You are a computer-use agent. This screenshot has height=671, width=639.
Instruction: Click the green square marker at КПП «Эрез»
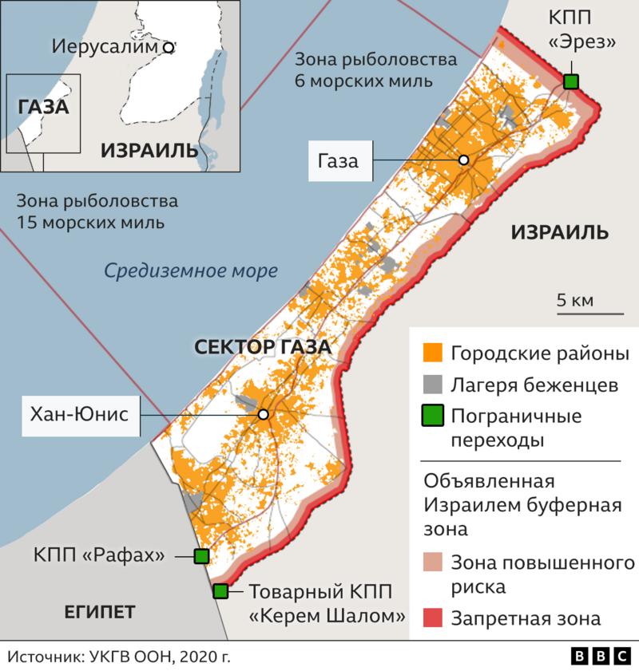pyautogui.click(x=570, y=81)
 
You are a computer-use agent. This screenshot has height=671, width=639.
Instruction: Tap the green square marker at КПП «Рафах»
pyautogui.click(x=201, y=555)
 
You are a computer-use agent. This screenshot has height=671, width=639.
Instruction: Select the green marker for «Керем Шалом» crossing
pyautogui.click(x=220, y=591)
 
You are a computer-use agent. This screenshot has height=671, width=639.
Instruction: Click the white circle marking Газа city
pyautogui.click(x=463, y=160)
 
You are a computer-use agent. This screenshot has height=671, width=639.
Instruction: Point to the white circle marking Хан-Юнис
pyautogui.click(x=263, y=415)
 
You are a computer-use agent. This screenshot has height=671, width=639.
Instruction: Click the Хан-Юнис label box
pyautogui.click(x=80, y=414)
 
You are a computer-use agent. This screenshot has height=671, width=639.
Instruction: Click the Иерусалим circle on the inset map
pyautogui.click(x=169, y=47)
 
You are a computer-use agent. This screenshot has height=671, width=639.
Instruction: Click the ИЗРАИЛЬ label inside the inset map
pyautogui.click(x=149, y=149)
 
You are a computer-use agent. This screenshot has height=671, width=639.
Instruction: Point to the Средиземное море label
pyautogui.click(x=191, y=270)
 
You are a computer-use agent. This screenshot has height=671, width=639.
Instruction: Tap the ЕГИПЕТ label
pyautogui.click(x=100, y=612)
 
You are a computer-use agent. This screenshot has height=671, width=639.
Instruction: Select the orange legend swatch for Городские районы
pyautogui.click(x=432, y=353)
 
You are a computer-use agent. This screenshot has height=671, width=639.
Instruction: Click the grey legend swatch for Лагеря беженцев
pyautogui.click(x=432, y=385)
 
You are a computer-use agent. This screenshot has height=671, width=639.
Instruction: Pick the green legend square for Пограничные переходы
pyautogui.click(x=432, y=416)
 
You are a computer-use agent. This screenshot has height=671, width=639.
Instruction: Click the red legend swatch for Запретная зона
pyautogui.click(x=432, y=618)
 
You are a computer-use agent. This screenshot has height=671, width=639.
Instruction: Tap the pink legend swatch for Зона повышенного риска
pyautogui.click(x=432, y=563)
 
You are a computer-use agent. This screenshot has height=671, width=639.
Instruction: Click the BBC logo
pyautogui.click(x=601, y=656)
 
